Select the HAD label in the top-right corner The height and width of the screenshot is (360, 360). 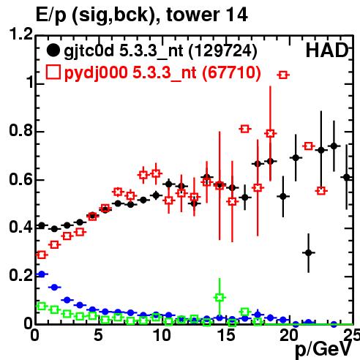tap(327, 50)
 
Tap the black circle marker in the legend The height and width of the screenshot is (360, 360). tap(53, 50)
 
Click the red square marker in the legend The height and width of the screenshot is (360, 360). tap(53, 72)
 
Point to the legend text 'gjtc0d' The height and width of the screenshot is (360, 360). tap(89, 51)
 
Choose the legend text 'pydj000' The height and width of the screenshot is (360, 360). tap(96, 73)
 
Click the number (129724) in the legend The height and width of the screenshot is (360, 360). tap(223, 50)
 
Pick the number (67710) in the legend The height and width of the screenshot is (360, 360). tap(232, 72)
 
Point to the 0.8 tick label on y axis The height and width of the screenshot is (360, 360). tap(20, 130)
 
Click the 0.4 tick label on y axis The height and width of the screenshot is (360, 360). tap(20, 227)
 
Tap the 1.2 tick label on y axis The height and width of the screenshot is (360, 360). tap(20, 34)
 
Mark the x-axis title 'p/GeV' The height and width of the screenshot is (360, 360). tap(323, 349)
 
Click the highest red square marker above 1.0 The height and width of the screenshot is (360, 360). tap(283, 75)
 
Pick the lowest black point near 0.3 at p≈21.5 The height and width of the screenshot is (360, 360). tap(309, 252)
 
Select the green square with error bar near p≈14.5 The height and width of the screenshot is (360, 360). tap(220, 298)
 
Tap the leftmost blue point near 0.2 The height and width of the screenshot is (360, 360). tap(42, 274)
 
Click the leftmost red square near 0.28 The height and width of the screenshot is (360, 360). tap(42, 255)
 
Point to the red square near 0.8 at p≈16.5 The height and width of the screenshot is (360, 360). tap(245, 129)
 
